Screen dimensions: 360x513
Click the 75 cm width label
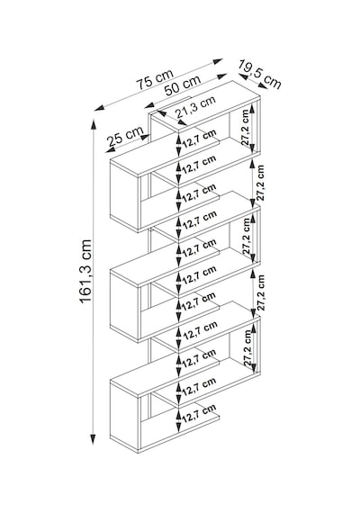coord(155,79)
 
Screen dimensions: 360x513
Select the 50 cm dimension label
coord(183,85)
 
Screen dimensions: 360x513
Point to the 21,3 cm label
coord(196,107)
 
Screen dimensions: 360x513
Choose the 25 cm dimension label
coord(126,136)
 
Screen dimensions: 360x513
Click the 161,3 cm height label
coord(85,271)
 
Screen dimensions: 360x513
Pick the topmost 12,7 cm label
coord(199,139)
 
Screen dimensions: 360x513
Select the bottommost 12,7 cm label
coord(199,413)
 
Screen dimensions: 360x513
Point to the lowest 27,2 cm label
coord(248,347)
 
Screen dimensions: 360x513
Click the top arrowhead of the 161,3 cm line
coord(94,125)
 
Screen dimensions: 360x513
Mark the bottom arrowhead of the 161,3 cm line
coord(94,438)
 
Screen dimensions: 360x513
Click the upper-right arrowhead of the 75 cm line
coord(218,61)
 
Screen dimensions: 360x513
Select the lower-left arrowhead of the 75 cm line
coord(99,108)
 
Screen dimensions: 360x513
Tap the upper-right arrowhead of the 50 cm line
coord(221,76)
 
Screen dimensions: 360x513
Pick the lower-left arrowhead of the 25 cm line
coord(111,150)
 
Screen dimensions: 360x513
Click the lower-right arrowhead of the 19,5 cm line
coord(263,86)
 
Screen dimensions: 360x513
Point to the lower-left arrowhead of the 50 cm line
coord(149,105)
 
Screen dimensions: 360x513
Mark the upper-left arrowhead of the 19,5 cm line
coord(243,76)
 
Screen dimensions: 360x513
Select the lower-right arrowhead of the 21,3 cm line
coord(182,122)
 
